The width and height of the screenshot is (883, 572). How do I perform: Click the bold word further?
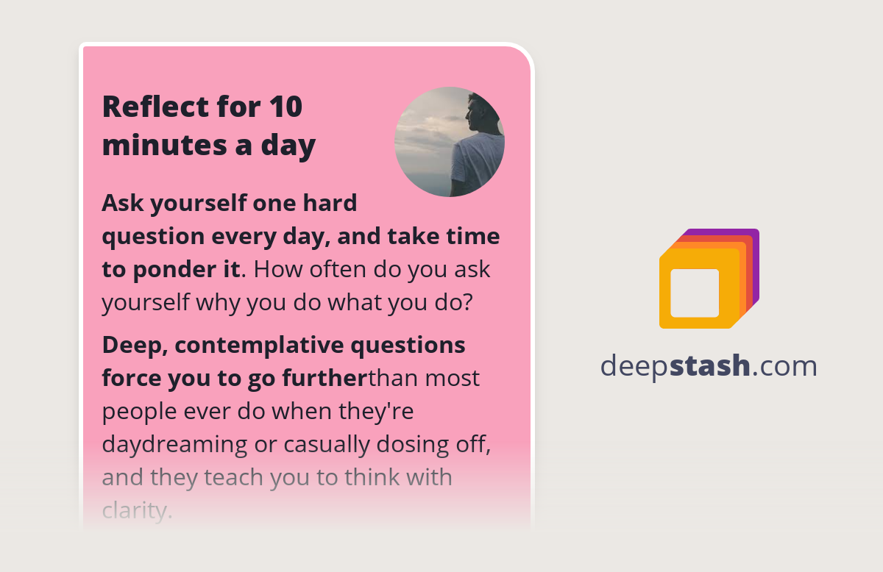(x=327, y=378)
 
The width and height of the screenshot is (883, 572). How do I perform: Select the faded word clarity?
(x=137, y=510)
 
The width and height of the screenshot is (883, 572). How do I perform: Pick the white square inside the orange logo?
(x=695, y=293)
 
